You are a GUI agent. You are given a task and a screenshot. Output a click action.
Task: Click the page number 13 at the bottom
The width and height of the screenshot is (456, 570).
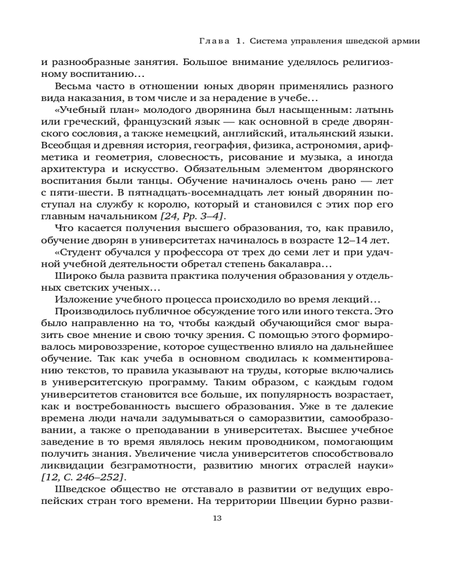pos(216,518)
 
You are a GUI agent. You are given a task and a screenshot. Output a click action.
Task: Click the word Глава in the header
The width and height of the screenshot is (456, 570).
pos(214,41)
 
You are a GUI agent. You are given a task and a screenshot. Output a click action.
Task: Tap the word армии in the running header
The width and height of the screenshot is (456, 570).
pos(407,41)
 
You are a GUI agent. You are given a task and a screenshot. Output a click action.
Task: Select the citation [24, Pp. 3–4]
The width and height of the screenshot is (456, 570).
pos(193,216)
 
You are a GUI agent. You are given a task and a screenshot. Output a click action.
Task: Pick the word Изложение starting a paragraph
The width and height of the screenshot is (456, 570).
pos(82,300)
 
